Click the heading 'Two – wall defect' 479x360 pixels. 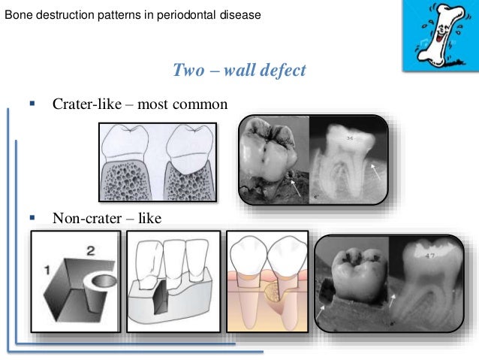pyautogui.click(x=239, y=71)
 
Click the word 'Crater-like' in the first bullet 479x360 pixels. pyautogui.click(x=82, y=103)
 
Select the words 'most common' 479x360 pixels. pyautogui.click(x=186, y=103)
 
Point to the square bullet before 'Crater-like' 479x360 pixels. pyautogui.click(x=32, y=101)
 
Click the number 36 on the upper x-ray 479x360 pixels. pyautogui.click(x=350, y=138)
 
